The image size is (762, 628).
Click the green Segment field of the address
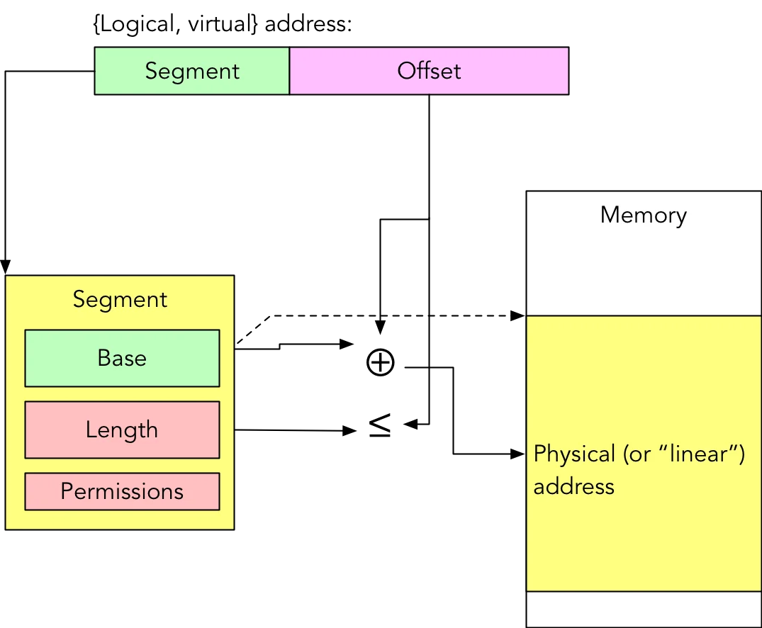(191, 71)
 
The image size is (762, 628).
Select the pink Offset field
(429, 71)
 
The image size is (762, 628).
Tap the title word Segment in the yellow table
(120, 299)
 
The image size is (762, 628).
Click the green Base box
(122, 358)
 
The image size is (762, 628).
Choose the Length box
(122, 430)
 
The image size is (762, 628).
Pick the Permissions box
(122, 491)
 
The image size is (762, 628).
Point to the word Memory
(643, 215)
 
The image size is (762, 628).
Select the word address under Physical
(573, 487)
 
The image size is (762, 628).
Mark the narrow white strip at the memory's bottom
(643, 609)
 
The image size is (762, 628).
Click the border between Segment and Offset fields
(289, 71)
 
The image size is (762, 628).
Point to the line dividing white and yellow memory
(643, 315)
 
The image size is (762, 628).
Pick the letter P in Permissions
(66, 491)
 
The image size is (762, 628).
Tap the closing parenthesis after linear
(741, 454)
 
